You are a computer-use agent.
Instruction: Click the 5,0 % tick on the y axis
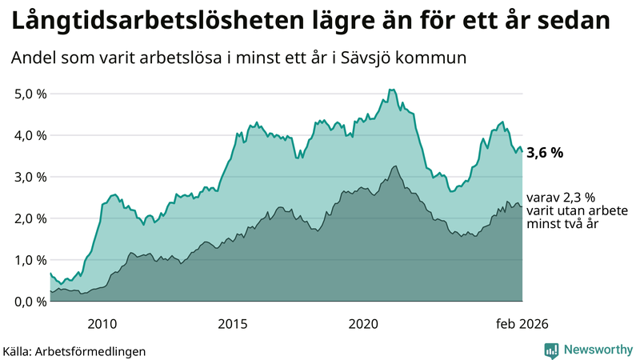pyautogui.click(x=30, y=94)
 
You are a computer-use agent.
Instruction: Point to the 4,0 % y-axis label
pyautogui.click(x=30, y=135)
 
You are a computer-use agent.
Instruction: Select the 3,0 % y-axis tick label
pyautogui.click(x=30, y=177)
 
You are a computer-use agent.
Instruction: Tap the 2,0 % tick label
pyautogui.click(x=30, y=218)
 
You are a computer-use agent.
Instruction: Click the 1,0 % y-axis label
pyautogui.click(x=30, y=260)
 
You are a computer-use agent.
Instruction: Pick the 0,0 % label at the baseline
pyautogui.click(x=30, y=302)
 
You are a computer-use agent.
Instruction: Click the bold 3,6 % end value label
pyautogui.click(x=545, y=152)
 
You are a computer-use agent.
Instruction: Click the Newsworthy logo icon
pyautogui.click(x=551, y=350)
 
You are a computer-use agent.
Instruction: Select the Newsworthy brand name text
pyautogui.click(x=598, y=350)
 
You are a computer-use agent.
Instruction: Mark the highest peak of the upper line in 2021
pyautogui.click(x=390, y=90)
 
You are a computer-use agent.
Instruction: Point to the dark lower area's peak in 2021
pyautogui.click(x=394, y=166)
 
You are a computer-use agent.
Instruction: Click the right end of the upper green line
pyautogui.click(x=522, y=151)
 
